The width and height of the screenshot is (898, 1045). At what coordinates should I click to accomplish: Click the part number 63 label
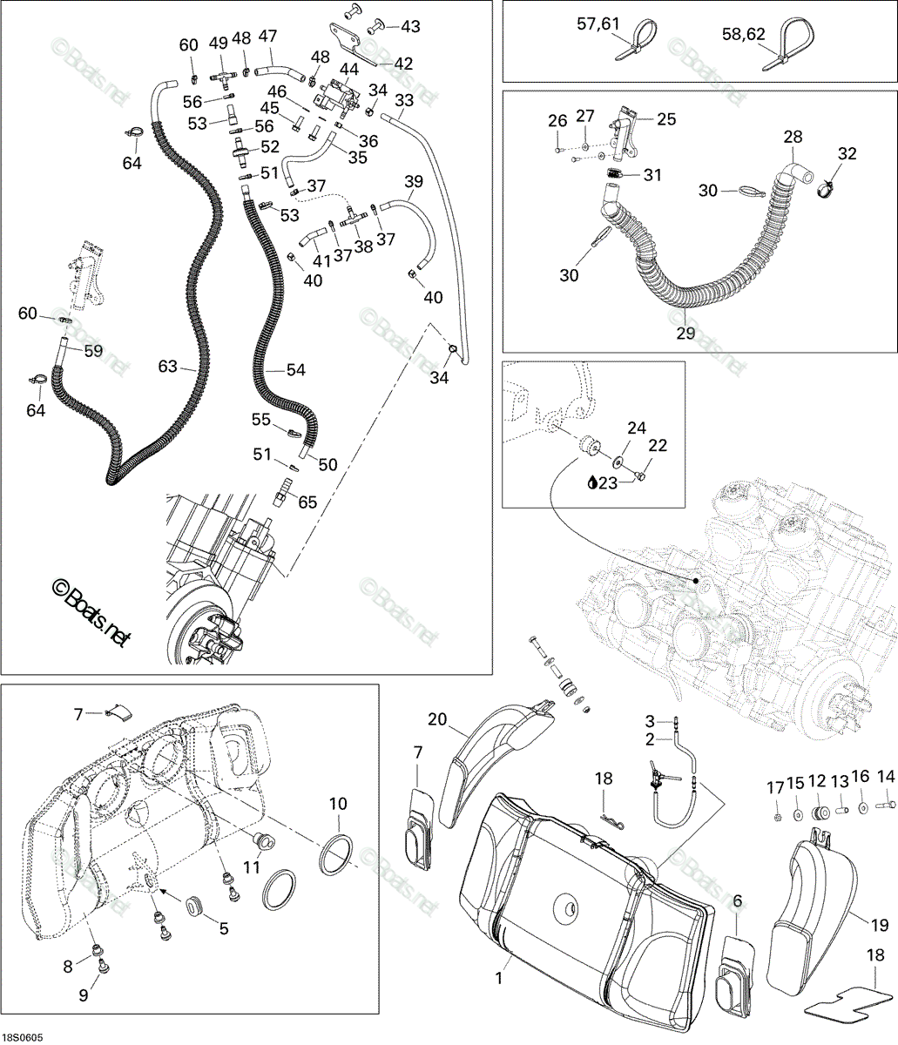[x=167, y=366]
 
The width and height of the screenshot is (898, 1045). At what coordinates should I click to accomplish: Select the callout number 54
[x=296, y=370]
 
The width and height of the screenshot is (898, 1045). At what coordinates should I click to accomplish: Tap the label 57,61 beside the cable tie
[x=598, y=24]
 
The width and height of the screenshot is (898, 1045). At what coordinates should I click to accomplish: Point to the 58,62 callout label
[x=743, y=34]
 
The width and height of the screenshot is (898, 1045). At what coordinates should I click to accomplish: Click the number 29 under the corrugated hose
[x=685, y=334]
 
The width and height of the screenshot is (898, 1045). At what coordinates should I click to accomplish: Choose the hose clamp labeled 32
[x=827, y=189]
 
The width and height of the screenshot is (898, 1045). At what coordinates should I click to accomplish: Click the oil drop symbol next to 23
[x=591, y=483]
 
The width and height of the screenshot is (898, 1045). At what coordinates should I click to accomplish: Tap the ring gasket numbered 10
[x=336, y=855]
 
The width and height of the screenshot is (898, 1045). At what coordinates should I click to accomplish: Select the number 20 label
[x=437, y=718]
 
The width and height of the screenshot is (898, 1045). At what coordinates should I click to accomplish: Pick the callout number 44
[x=349, y=70]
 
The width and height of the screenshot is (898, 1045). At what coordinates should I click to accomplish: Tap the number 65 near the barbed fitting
[x=307, y=502]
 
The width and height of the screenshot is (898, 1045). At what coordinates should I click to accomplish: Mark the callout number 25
[x=666, y=119]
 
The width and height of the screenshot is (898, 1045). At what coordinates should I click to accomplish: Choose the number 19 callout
[x=880, y=925]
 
